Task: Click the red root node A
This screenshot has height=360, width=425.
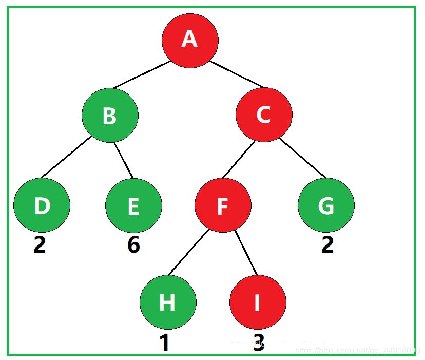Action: [190, 40]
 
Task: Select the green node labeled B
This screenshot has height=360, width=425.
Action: [110, 116]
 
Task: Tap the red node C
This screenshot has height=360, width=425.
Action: [264, 115]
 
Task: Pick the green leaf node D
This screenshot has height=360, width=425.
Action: [42, 205]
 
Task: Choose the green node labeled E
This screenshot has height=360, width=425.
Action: [133, 205]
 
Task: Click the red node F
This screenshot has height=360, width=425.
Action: [223, 205]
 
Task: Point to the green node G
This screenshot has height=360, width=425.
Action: [326, 205]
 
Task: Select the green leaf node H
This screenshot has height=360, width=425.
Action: [167, 302]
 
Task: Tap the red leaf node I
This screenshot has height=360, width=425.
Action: [258, 302]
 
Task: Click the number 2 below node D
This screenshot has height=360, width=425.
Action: [40, 244]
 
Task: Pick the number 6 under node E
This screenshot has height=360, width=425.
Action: [133, 244]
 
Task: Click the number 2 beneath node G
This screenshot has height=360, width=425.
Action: [327, 244]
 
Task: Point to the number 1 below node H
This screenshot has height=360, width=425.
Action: [165, 343]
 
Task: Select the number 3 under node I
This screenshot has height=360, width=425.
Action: [259, 343]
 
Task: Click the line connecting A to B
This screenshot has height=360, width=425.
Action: [142, 74]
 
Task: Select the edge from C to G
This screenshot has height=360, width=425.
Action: [303, 158]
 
